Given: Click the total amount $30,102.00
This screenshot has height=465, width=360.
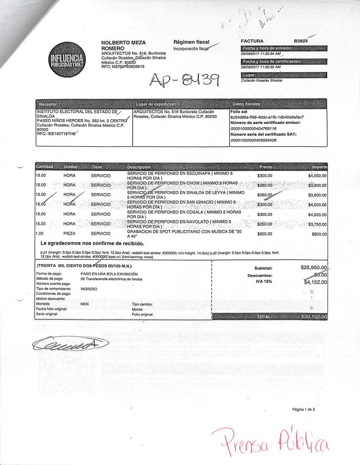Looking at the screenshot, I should tap(314, 317).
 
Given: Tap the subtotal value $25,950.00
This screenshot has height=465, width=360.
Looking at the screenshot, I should tap(314, 268).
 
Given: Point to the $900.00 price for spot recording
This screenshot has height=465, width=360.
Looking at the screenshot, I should tap(265, 234).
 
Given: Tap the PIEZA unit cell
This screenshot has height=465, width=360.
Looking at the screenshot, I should tap(70, 234).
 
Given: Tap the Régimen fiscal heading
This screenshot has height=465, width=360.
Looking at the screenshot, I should tap(191, 42).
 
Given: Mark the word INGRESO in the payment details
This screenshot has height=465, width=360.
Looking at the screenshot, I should tap(89, 289).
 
